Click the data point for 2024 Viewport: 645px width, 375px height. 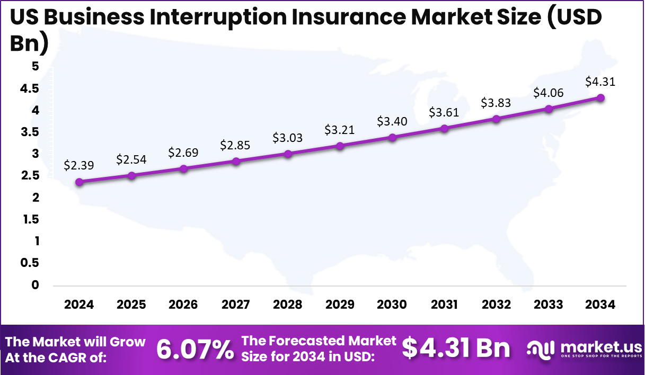79,182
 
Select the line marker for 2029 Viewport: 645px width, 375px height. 340,146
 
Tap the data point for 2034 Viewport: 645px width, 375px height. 600,97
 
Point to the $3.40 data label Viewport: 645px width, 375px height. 392,121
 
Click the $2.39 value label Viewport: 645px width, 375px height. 79,165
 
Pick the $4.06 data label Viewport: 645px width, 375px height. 549,93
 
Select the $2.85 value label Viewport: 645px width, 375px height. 235,145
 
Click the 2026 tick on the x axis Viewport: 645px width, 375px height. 183,305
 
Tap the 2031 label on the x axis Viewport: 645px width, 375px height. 444,305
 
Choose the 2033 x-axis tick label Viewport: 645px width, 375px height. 549,305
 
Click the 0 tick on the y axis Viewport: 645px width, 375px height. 35,285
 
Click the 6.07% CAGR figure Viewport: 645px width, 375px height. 195,350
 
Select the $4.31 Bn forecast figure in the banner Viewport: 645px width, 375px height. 456,349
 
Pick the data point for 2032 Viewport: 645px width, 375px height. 496,119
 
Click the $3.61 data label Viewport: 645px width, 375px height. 444,112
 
